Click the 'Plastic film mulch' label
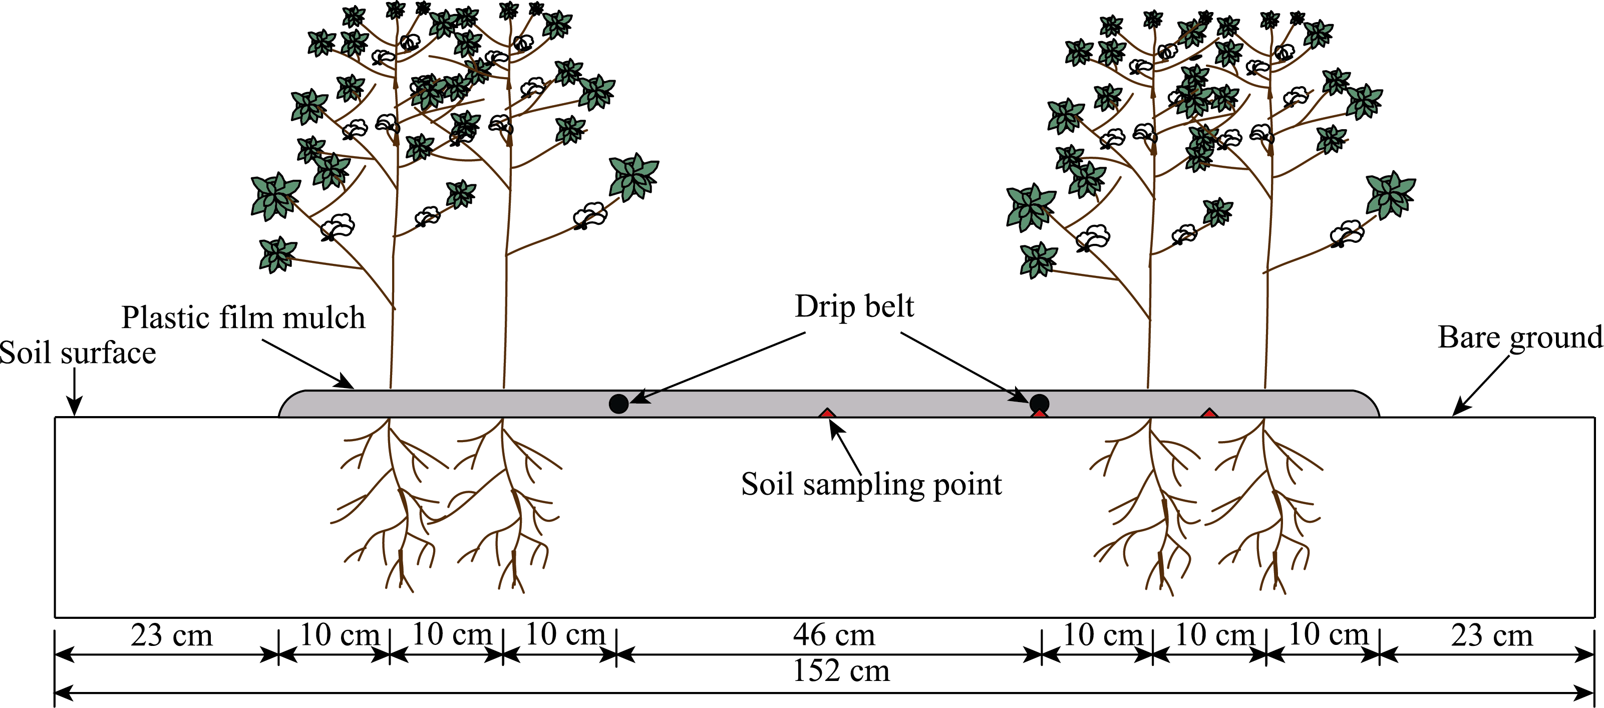click(x=243, y=317)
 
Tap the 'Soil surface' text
click(x=78, y=353)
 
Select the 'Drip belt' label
click(x=854, y=306)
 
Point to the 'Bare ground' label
click(x=1519, y=337)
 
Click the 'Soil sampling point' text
click(x=871, y=485)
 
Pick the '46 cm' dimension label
click(x=834, y=635)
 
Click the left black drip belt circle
click(x=618, y=404)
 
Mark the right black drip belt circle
click(x=1039, y=403)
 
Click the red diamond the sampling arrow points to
click(x=826, y=413)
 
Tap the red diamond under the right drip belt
click(x=1039, y=414)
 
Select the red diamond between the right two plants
click(x=1208, y=413)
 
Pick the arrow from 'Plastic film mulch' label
click(x=307, y=365)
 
